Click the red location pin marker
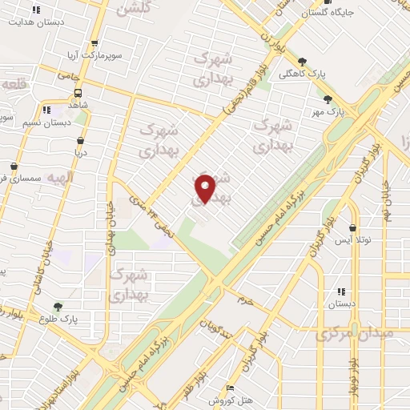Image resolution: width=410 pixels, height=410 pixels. tap(206, 187)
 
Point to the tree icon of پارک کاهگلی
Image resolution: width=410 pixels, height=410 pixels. tap(302, 62)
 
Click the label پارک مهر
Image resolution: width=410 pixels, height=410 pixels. tap(346, 112)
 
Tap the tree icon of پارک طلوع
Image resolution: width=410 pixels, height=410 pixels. tap(57, 307)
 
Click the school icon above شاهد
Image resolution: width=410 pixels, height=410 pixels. tap(46, 109)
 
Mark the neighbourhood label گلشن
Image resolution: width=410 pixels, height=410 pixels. tap(133, 9)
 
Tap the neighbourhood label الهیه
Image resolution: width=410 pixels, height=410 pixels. tap(60, 178)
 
